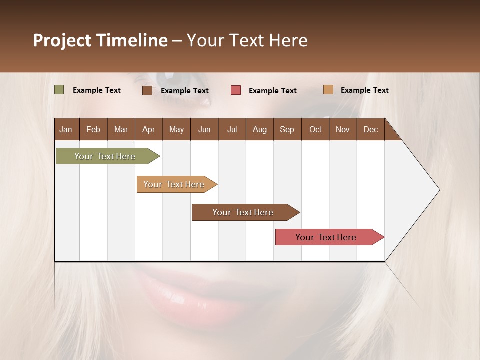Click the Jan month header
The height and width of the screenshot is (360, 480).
(x=66, y=129)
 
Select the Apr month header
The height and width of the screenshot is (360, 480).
(x=149, y=129)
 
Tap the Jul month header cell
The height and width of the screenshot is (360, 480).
(x=232, y=129)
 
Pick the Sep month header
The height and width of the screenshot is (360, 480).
(x=287, y=129)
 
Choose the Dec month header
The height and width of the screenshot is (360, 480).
(x=370, y=129)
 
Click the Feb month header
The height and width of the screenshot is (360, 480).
(x=93, y=129)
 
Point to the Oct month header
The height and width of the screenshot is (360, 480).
(x=315, y=129)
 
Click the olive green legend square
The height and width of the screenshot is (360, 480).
(x=59, y=90)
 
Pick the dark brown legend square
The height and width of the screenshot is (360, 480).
(x=147, y=90)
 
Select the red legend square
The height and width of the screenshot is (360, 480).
(x=236, y=90)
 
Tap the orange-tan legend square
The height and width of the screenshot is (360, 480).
(x=328, y=90)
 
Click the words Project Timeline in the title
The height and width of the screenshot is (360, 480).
(x=100, y=40)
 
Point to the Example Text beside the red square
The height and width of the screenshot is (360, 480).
(x=273, y=91)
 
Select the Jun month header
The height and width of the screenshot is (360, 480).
(x=204, y=129)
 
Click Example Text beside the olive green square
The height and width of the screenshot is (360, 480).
(x=97, y=90)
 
